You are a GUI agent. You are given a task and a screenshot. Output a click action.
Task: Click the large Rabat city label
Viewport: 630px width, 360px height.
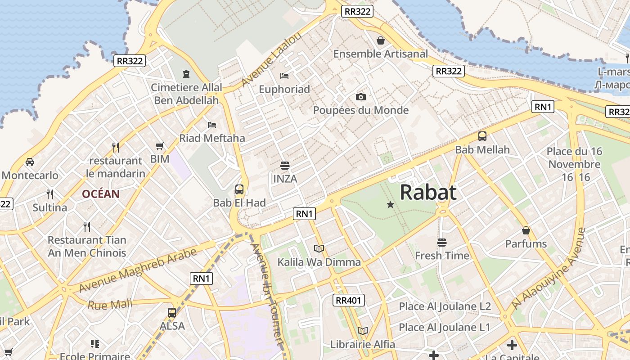pyautogui.click(x=428, y=192)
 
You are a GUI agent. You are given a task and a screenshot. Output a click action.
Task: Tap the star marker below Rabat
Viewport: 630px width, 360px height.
pyautogui.click(x=390, y=205)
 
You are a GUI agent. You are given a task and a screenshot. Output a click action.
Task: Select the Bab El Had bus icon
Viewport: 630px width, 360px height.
pyautogui.click(x=239, y=189)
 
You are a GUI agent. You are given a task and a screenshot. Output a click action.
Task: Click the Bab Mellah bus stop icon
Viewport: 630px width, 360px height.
pyautogui.click(x=482, y=136)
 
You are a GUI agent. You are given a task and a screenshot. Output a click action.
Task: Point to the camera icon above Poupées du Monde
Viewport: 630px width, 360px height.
pyautogui.click(x=360, y=97)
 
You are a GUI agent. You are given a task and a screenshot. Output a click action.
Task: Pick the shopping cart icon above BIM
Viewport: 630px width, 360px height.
pyautogui.click(x=159, y=146)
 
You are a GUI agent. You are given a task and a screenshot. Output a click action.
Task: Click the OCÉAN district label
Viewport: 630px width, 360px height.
pyautogui.click(x=101, y=194)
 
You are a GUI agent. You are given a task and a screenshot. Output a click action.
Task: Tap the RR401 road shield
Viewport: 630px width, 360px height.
pyautogui.click(x=349, y=300)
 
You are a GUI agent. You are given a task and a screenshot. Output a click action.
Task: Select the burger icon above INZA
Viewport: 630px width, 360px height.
pyautogui.click(x=284, y=166)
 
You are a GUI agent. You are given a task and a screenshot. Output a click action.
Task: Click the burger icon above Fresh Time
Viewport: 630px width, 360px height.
pyautogui.click(x=441, y=243)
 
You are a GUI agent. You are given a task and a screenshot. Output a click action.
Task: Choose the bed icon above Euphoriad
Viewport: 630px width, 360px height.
pyautogui.click(x=284, y=76)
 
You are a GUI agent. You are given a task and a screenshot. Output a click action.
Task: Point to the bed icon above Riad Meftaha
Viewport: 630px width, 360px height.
pyautogui.click(x=212, y=125)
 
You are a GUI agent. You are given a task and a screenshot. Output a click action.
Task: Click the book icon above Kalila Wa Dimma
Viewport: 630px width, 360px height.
pyautogui.click(x=319, y=248)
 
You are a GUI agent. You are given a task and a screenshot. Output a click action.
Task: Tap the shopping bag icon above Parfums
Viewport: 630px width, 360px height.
pyautogui.click(x=526, y=231)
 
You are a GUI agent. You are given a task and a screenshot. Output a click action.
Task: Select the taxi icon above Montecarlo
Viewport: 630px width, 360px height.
pyautogui.click(x=30, y=162)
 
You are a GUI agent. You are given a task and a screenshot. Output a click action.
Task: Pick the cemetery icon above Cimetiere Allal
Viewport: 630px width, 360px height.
pyautogui.click(x=186, y=74)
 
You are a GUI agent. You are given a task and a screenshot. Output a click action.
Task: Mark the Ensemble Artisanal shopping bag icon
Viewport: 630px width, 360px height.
pyautogui.click(x=381, y=40)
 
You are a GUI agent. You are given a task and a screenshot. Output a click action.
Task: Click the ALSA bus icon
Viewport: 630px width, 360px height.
pyautogui.click(x=172, y=312)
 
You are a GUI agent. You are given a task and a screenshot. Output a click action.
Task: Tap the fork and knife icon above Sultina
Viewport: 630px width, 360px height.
pyautogui.click(x=50, y=194)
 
